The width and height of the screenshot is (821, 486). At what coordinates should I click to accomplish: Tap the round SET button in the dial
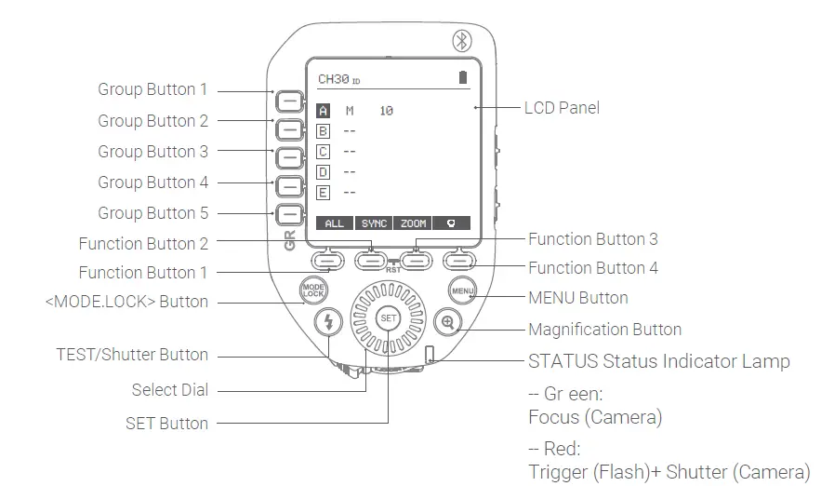coord(389,318)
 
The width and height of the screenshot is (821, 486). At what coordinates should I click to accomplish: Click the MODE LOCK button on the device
coord(312,290)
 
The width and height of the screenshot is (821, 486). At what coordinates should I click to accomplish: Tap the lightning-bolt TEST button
coord(328,323)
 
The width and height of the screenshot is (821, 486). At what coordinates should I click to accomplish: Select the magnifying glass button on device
coord(448,323)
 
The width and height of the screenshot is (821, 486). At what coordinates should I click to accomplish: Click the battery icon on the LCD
coord(462,78)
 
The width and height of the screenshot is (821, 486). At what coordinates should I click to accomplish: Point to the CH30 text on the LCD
coord(334,79)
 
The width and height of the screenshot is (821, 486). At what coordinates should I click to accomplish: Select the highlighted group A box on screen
coord(324,111)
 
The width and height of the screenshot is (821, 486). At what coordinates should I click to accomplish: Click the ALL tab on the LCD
coord(334,223)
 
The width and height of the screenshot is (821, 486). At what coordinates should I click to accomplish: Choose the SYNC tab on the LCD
coord(374,223)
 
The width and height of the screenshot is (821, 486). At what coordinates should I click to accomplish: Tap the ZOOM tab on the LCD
coord(414,223)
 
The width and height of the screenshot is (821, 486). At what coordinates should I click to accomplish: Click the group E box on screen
coord(324,193)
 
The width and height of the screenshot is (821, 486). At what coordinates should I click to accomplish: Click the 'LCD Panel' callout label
coord(562,108)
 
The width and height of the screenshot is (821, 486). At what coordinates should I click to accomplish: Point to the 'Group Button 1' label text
coord(152,90)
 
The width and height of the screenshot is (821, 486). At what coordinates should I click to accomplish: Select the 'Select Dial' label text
coord(169,390)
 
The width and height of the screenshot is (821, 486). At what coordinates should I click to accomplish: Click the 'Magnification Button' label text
coord(604,330)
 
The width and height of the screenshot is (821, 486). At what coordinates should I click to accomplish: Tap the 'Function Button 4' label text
coord(592,268)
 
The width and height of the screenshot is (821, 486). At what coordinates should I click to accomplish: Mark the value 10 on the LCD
coord(386,111)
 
